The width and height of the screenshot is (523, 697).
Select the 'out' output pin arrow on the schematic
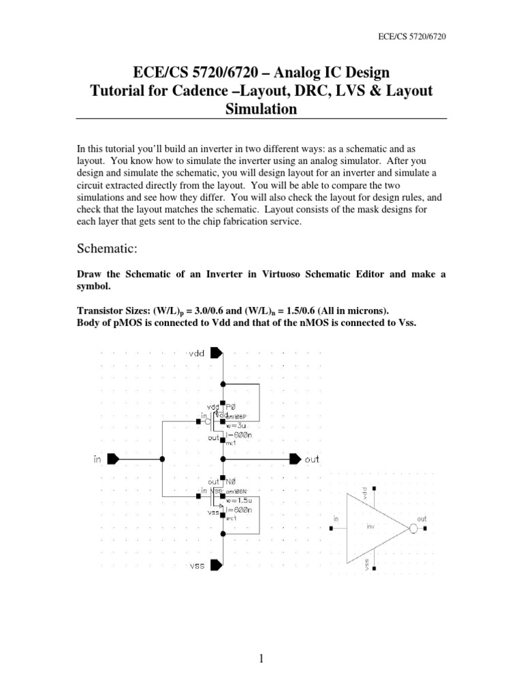(x=295, y=459)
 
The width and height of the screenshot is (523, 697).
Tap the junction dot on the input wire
(x=162, y=459)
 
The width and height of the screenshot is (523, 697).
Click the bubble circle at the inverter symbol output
(x=413, y=528)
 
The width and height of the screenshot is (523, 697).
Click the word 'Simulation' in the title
(x=261, y=110)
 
